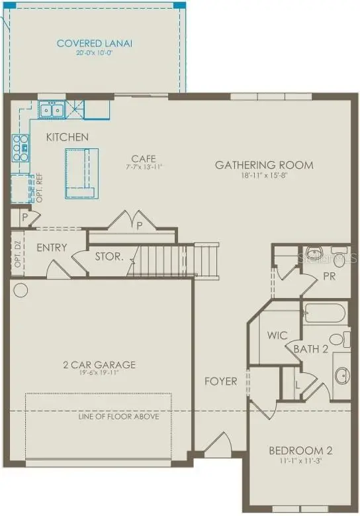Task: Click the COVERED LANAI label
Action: point(94,44)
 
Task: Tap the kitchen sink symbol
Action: point(50,109)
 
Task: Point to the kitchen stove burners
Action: point(21,148)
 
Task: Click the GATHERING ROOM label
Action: point(264,165)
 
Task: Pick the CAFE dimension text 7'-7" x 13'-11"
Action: point(144,168)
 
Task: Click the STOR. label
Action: point(109,256)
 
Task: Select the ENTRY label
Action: point(51,248)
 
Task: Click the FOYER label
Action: point(220,382)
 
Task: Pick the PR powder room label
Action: point(329,276)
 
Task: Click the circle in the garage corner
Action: point(21,289)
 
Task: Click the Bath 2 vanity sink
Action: point(341,377)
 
